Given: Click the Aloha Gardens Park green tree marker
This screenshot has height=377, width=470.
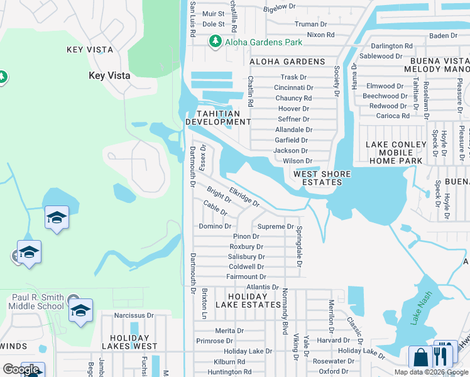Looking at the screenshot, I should coord(215,41).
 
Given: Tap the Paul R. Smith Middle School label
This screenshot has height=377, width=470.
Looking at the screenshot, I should coord(38,302).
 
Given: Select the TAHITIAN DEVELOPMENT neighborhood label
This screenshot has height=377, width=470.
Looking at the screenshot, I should coord(218,117).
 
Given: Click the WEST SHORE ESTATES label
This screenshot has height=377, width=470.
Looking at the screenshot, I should coord(318,178).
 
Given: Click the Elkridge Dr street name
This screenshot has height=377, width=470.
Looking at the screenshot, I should coord(244,196).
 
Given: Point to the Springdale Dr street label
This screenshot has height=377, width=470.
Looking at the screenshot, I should coord(300,246).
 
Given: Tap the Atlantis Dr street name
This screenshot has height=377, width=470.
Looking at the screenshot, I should coord(262,287).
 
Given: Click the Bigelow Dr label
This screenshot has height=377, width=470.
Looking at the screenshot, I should coord(279,7).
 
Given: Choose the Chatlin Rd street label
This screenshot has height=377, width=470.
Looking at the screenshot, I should coord(250,92).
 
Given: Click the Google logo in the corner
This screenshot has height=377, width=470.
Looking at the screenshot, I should coord(21,369).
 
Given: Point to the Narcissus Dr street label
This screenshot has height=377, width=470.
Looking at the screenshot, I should coord(134,315).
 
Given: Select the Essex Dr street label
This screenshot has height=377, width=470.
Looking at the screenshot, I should coord(202,157).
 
